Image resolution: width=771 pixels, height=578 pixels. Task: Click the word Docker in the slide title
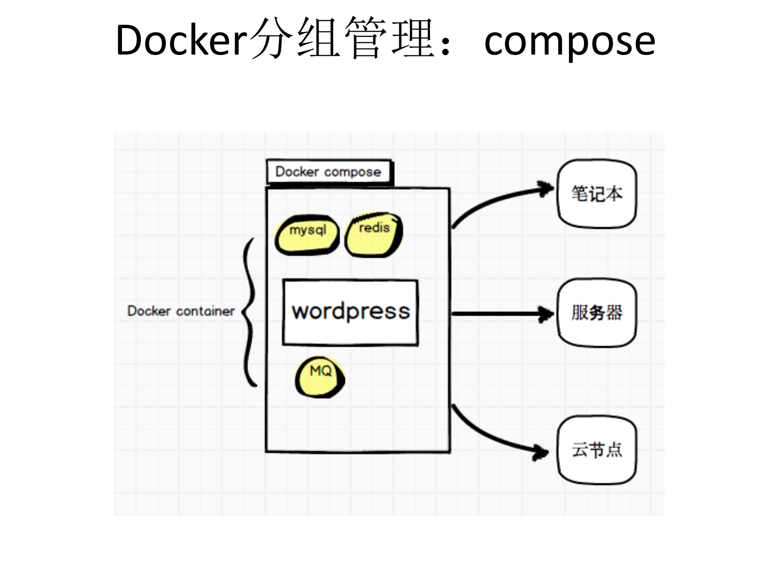click(x=181, y=40)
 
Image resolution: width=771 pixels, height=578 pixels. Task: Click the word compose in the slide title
click(x=569, y=41)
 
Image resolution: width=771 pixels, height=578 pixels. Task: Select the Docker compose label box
click(x=328, y=171)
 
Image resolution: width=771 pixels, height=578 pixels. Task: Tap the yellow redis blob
click(x=373, y=235)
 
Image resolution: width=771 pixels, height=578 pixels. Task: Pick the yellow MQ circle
click(x=320, y=377)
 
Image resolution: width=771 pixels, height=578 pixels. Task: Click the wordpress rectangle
click(x=350, y=312)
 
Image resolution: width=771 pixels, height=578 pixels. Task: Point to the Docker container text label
click(x=181, y=311)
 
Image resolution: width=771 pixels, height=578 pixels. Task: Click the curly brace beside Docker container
click(x=250, y=311)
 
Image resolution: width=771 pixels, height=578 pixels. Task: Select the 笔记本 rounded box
click(x=597, y=194)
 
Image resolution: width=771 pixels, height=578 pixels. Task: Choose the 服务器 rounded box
click(x=597, y=312)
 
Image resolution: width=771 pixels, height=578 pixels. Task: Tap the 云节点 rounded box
click(x=597, y=450)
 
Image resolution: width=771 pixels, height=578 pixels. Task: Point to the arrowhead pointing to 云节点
click(x=541, y=452)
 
